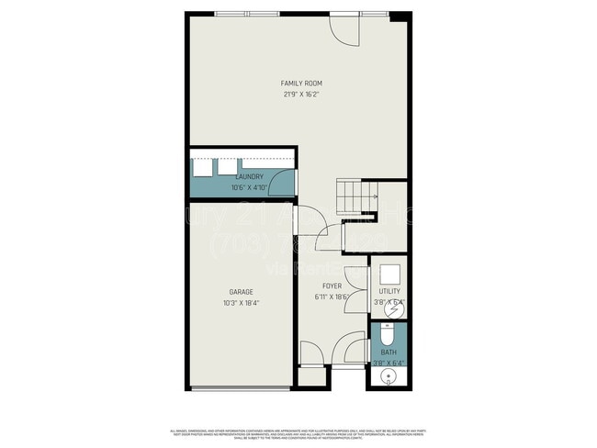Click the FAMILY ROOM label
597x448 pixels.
(x=301, y=84)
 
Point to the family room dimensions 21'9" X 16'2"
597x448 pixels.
(x=301, y=94)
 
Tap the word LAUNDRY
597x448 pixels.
(x=250, y=176)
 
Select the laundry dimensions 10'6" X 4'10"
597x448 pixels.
(x=250, y=187)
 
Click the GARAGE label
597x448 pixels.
(x=242, y=292)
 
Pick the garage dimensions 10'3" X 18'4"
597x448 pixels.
(x=242, y=303)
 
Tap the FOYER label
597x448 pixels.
(x=332, y=286)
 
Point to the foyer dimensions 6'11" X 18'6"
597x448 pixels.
(x=332, y=296)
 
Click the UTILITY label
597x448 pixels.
(x=389, y=291)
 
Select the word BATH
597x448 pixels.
(x=389, y=352)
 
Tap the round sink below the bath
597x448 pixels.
(x=388, y=376)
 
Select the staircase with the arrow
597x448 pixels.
(x=356, y=196)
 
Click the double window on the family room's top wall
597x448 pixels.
(x=248, y=14)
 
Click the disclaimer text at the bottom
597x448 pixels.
(x=298, y=433)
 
